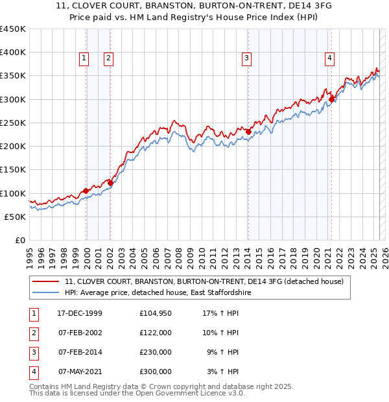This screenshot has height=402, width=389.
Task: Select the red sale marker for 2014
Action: [248, 132]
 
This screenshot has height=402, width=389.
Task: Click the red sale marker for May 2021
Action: [331, 99]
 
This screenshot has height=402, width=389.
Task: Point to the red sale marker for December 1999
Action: [86, 191]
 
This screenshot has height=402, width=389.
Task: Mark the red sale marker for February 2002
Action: [110, 183]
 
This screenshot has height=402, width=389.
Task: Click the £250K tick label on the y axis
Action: [13, 123]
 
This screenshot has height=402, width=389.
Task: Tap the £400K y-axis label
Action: [13, 52]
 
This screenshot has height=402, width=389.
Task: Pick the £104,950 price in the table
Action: [156, 313]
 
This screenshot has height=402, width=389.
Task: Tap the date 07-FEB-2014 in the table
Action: [80, 353]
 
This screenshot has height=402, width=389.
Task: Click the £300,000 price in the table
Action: [156, 372]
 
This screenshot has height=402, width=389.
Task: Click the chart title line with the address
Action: [194, 8]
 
